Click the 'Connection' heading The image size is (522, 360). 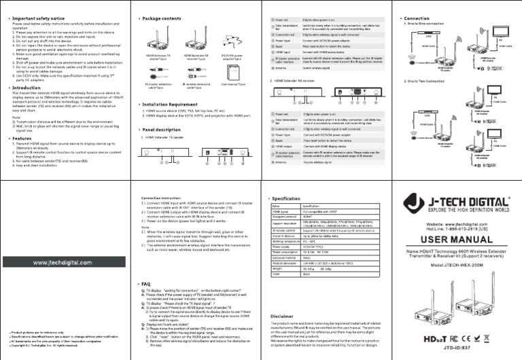(416, 18)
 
